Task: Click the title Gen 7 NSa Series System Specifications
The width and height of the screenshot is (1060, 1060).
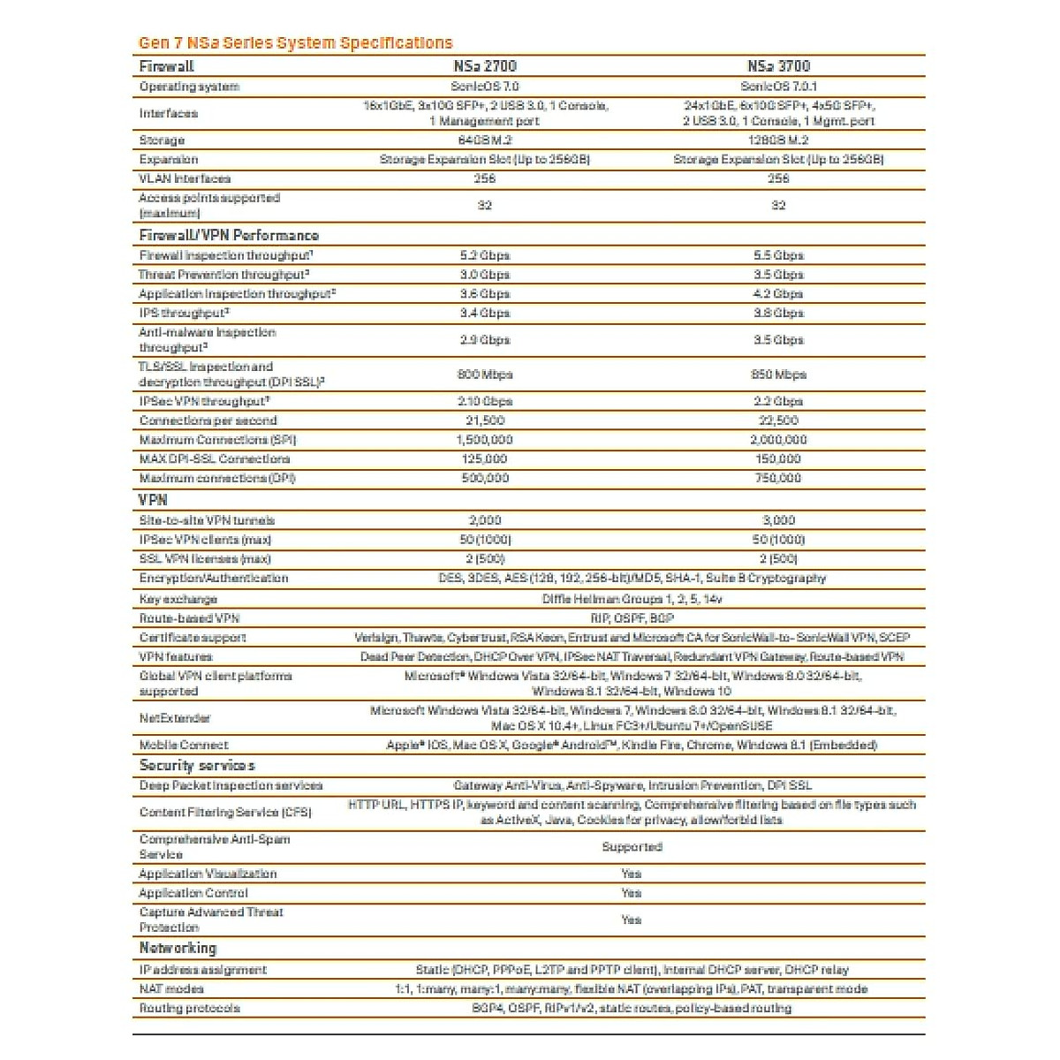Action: (295, 42)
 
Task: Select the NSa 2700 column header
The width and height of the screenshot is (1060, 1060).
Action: (484, 66)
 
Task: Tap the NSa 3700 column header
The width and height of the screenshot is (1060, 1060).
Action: (778, 66)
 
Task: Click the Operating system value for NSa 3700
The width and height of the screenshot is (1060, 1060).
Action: (778, 87)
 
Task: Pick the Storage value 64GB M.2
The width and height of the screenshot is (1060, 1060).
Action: (484, 140)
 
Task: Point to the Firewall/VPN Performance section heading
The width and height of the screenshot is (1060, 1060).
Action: (229, 236)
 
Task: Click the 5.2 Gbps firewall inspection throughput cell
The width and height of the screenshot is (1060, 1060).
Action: (484, 255)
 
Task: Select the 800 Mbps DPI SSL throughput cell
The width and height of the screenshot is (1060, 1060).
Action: (484, 375)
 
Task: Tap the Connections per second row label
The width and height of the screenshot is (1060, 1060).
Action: (208, 420)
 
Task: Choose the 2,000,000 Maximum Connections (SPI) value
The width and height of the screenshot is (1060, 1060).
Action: (778, 440)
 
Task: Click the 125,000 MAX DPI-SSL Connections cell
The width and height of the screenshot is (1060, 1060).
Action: (484, 459)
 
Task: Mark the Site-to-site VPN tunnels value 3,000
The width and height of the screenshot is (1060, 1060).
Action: (778, 520)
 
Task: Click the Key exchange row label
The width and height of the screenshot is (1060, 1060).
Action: (178, 599)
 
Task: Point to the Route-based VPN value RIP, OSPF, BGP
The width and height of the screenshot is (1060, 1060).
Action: (632, 618)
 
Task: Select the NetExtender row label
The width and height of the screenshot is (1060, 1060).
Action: (175, 718)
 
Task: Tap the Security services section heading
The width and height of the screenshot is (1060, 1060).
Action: (197, 766)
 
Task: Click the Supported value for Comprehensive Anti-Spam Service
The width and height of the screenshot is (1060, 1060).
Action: (632, 847)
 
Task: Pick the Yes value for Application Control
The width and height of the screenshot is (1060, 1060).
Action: (632, 893)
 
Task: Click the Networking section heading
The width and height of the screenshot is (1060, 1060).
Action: (178, 948)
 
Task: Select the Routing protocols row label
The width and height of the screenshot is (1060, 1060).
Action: (189, 1008)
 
